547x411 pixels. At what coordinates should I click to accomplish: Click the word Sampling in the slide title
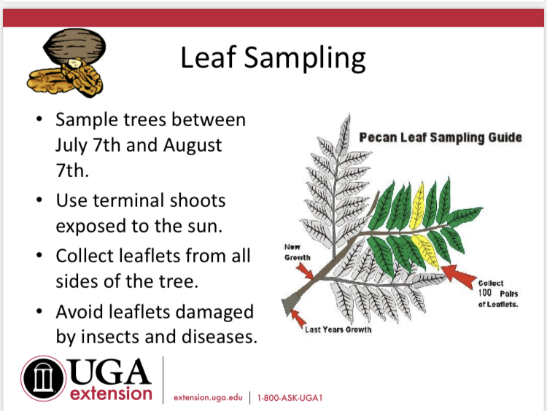(305, 58)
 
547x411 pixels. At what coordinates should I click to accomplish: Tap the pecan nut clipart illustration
(66, 63)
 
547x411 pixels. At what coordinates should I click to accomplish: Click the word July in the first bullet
(71, 146)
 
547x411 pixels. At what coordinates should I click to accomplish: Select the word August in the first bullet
(193, 146)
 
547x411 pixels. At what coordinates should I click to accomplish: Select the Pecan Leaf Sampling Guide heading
(441, 138)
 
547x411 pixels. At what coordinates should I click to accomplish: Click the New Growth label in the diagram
(298, 252)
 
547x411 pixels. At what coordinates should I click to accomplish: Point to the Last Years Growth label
(338, 330)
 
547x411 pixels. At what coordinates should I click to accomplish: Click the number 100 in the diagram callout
(485, 293)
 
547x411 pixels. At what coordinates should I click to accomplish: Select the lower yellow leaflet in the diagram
(427, 250)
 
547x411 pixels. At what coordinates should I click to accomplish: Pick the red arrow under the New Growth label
(305, 270)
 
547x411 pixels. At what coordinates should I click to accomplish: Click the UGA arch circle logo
(43, 378)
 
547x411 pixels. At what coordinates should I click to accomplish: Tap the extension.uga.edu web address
(208, 398)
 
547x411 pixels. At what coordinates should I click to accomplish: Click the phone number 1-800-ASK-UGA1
(290, 398)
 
